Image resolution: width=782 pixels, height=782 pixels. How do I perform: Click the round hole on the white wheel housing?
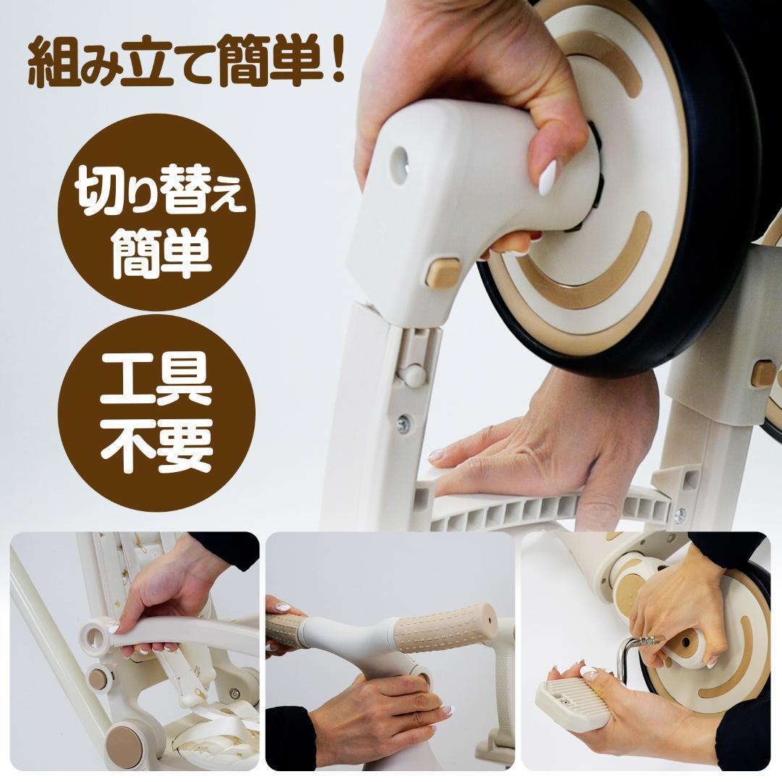(400, 160)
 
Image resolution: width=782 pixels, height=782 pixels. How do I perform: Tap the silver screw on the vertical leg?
(403, 424)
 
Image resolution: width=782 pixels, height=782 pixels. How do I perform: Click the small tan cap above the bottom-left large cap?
(98, 678)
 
